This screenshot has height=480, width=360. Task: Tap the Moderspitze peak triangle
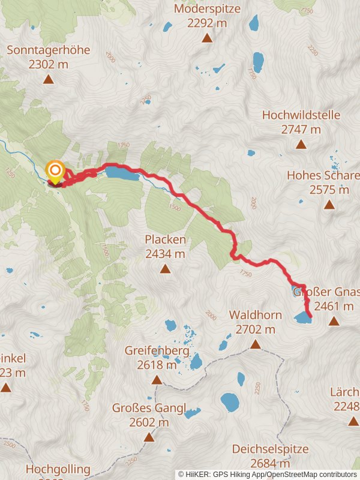207,38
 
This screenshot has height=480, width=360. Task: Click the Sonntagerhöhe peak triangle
48,79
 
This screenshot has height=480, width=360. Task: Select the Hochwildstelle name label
301,115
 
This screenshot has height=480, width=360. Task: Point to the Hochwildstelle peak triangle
301,144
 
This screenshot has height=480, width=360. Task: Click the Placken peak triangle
165,269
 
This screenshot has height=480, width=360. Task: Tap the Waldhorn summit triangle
255,344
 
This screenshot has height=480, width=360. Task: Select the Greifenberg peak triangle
157,380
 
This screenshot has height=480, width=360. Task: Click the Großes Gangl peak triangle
149,437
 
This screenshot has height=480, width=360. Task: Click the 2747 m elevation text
301,129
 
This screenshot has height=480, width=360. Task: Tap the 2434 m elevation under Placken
165,254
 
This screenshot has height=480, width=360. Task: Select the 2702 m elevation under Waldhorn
255,329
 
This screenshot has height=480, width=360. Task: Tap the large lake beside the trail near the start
122,174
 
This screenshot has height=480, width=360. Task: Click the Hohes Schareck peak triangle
329,205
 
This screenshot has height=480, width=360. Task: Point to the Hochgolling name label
58,469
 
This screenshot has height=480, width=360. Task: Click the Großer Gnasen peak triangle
334,322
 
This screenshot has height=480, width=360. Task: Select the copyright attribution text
268,474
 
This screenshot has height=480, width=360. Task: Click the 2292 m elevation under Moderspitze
207,23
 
